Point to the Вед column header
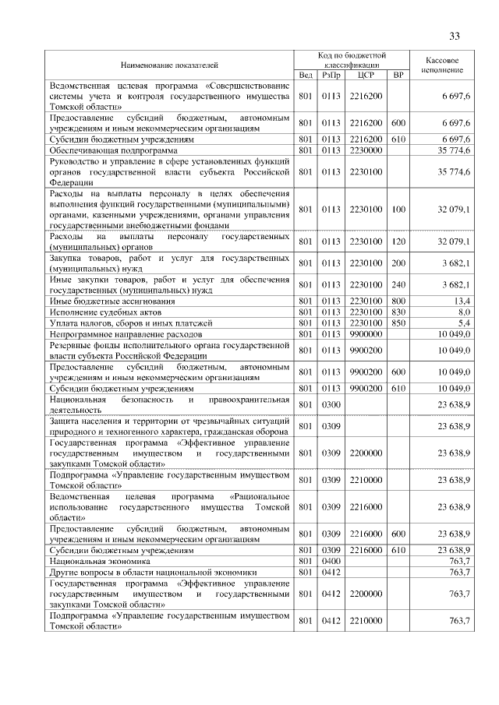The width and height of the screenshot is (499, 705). click(305, 76)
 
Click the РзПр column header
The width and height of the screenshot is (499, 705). click(331, 76)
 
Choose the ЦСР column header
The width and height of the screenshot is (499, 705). click(366, 76)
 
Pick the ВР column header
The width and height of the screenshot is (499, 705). click(398, 76)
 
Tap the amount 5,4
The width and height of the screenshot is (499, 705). click(462, 322)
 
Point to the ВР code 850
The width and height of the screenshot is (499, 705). click(398, 322)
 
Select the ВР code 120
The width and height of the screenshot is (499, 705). click(398, 241)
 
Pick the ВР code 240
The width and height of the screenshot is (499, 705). click(398, 284)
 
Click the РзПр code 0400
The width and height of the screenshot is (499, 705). click(331, 561)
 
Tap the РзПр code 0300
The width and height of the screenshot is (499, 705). click(331, 404)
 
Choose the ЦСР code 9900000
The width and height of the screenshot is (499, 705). click(366, 333)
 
